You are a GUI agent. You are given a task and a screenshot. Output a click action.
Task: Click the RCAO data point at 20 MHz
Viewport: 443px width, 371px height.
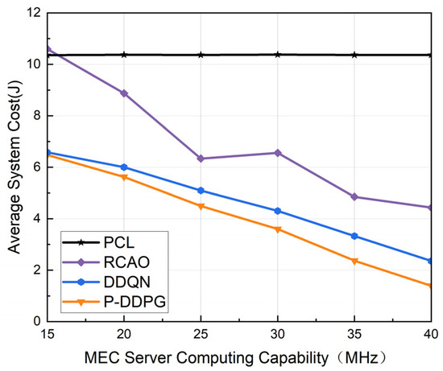123,93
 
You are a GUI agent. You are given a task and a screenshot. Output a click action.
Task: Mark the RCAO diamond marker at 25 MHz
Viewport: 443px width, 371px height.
201,159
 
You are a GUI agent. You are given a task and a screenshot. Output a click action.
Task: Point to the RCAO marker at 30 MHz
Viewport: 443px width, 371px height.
278,152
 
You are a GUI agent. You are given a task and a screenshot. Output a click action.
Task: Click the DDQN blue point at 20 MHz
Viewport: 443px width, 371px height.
123,167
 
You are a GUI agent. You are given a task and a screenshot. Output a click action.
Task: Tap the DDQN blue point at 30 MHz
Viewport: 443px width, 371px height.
278,211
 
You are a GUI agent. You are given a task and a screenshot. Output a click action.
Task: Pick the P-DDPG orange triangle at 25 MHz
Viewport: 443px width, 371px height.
201,206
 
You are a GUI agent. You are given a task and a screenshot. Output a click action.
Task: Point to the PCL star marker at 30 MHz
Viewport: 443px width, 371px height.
278,55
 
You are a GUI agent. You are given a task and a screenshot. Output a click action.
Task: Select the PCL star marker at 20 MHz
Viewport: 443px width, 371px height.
123,55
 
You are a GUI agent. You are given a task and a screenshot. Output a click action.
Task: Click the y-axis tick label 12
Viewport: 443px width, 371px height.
32,14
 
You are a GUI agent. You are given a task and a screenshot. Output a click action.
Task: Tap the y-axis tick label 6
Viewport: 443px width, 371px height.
35,167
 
